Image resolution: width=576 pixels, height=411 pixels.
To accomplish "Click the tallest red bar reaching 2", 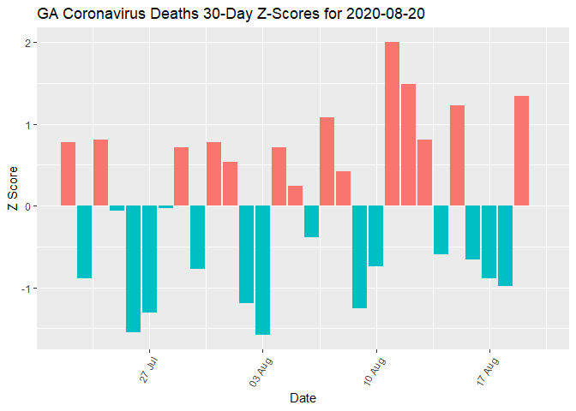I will [x=392, y=124].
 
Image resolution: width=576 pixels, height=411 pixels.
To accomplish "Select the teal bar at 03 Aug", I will [x=262, y=270].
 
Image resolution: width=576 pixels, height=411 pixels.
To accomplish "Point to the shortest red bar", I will [x=295, y=196].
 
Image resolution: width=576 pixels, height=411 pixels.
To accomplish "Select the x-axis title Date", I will [x=303, y=398].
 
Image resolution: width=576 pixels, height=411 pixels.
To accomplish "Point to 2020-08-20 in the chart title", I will [x=381, y=14].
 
